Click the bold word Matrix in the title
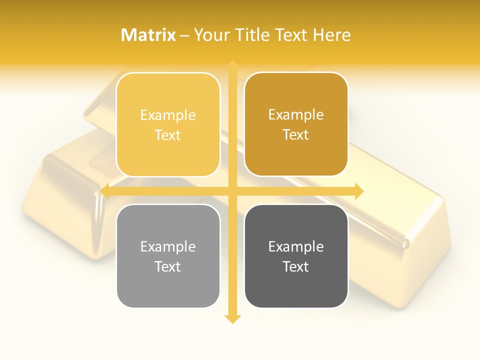tap(148, 35)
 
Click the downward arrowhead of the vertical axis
tap(232, 318)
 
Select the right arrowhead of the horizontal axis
tap(358, 191)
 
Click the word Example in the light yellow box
tap(168, 115)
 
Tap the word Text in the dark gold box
tap(296, 135)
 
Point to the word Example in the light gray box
tap(168, 246)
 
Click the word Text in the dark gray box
tap(296, 266)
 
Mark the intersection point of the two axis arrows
tap(232, 191)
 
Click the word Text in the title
tap(291, 35)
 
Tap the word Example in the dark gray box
tap(296, 246)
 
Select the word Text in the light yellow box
tap(168, 135)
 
